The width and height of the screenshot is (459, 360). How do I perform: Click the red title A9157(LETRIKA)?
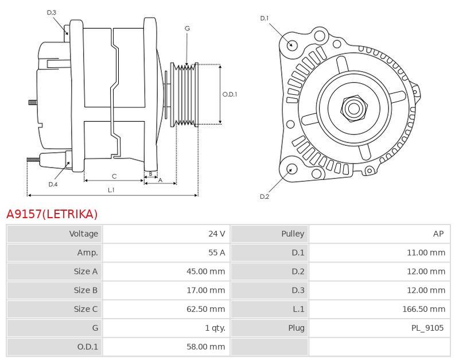52,214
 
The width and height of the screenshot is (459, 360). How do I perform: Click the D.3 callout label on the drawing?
52,12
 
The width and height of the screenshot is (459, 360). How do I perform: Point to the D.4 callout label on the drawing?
53,184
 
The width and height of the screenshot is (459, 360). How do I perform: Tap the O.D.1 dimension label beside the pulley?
229,94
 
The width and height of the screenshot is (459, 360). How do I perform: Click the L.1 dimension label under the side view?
111,189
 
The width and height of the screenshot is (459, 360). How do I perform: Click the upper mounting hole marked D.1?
291,45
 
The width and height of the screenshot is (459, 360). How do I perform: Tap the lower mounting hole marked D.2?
291,169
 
